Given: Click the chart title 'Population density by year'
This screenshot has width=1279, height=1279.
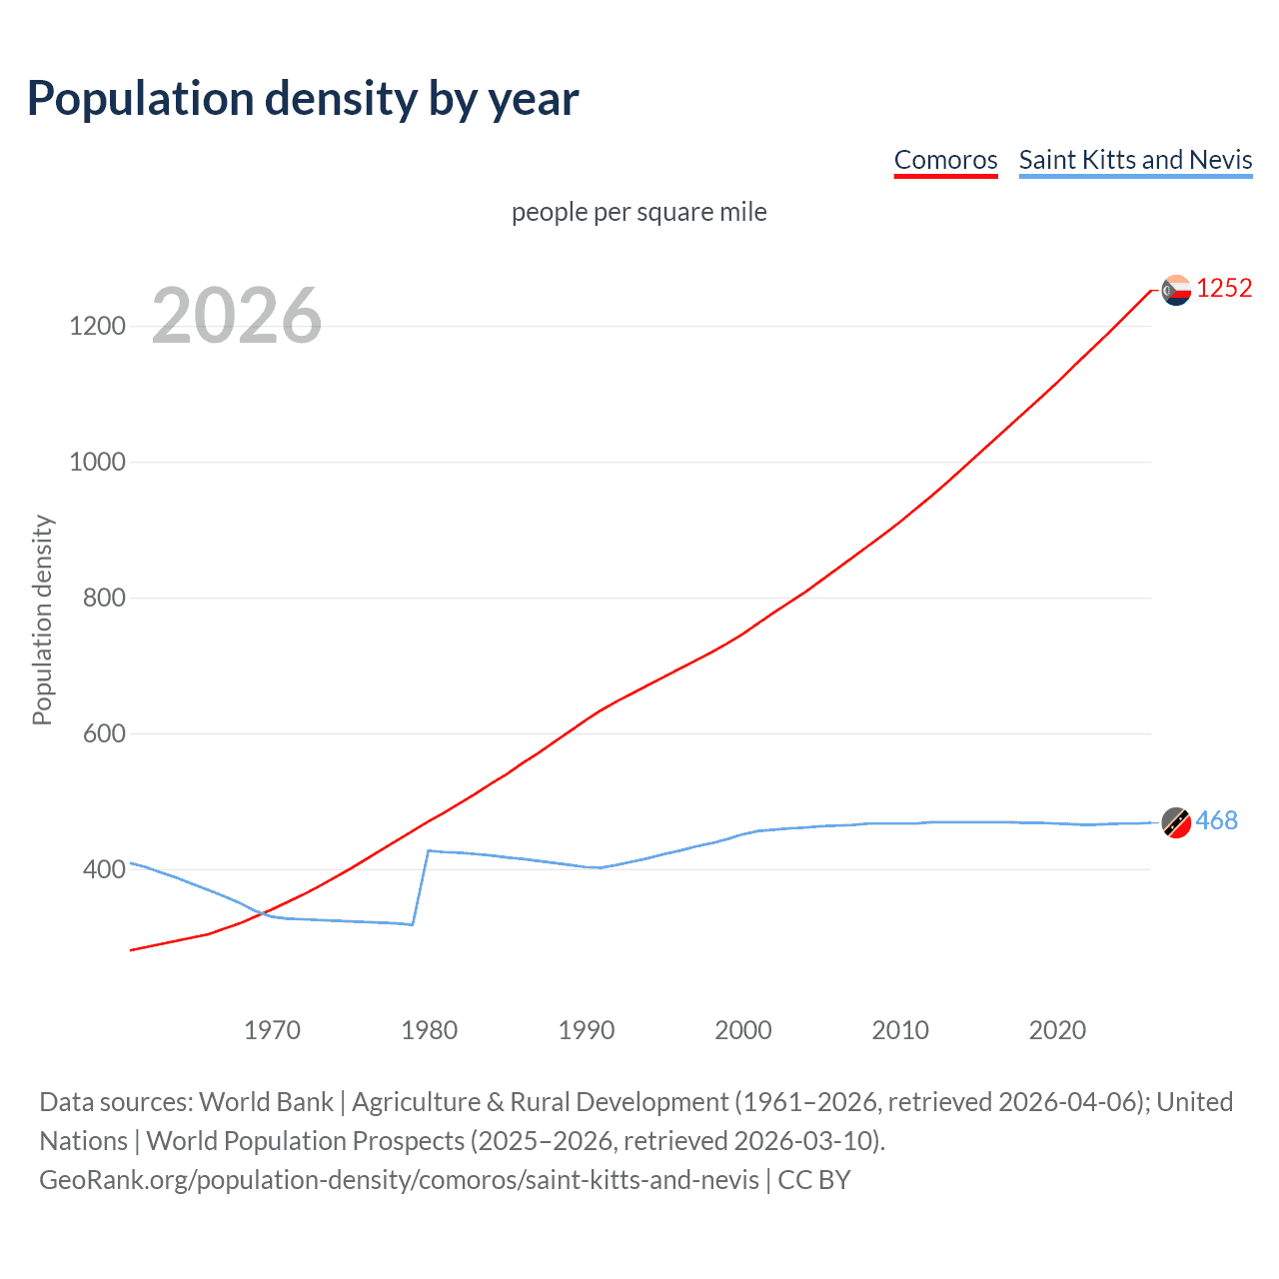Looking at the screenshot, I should point(303,99).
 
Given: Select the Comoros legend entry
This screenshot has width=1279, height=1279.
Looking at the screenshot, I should point(945,160).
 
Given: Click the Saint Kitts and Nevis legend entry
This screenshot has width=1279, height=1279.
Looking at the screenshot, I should point(1135,160).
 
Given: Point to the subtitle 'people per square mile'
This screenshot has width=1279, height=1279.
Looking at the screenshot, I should point(639,212).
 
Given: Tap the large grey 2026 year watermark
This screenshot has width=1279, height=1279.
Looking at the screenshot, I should point(237,316).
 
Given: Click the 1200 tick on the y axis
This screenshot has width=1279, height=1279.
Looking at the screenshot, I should point(97,326).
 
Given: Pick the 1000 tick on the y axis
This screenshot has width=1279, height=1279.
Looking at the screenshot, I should point(97,462).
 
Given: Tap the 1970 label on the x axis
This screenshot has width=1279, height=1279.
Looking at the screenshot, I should point(272,1030).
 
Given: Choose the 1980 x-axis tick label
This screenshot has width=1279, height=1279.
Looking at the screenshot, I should point(429,1030).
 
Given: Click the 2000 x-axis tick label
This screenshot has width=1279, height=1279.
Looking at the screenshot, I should point(742,1030).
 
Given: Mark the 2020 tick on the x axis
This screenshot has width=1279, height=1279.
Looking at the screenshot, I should point(1057,1030).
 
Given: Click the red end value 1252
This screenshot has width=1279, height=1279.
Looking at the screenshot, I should point(1223,289).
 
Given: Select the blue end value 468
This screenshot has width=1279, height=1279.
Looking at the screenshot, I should point(1216,821).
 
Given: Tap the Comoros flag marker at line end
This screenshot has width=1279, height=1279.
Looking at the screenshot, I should point(1176,290).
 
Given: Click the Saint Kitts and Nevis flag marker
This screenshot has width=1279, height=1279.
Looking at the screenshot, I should point(1176,822).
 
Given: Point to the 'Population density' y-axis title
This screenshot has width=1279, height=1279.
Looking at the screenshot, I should point(42,620).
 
